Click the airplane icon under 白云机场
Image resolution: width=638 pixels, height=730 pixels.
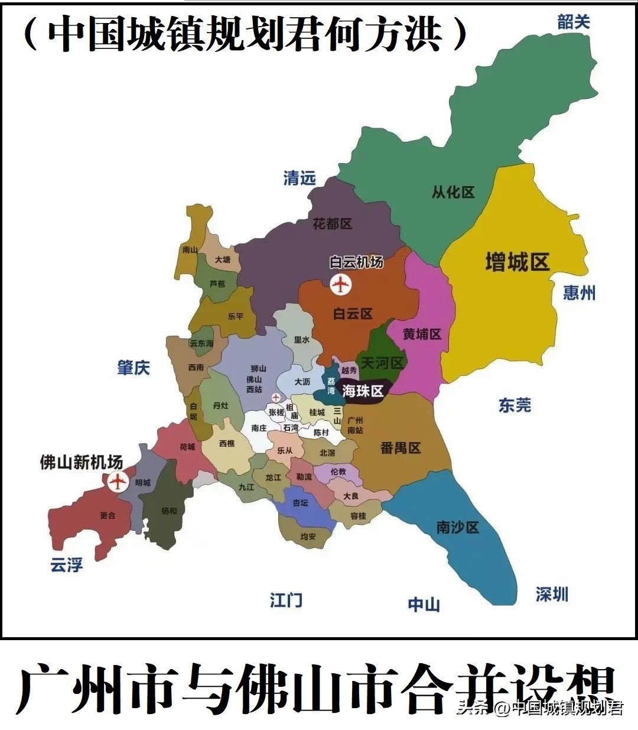(340, 285)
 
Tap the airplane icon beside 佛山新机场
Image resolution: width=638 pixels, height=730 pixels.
(118, 482)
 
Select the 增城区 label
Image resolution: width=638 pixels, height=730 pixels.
(517, 261)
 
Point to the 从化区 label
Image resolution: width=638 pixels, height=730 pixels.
(453, 192)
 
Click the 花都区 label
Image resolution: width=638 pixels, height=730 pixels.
(333, 224)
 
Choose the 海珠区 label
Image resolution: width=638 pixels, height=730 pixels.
(363, 390)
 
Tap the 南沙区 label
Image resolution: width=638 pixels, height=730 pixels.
(458, 527)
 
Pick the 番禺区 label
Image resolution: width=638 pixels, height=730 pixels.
(401, 447)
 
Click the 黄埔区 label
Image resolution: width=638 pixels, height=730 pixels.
(422, 334)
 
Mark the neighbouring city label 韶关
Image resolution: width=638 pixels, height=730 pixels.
(574, 22)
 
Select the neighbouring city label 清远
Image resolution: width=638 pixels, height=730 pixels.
(300, 178)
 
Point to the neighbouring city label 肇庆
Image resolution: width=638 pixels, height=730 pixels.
(134, 368)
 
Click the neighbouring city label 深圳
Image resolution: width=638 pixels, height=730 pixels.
(552, 594)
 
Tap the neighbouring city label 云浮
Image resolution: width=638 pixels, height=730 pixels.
(66, 565)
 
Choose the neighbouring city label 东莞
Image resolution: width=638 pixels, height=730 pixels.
(515, 405)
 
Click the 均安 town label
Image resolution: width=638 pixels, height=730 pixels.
(308, 537)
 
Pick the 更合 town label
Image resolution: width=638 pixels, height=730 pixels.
(108, 515)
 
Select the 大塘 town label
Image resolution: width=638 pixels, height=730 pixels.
(223, 259)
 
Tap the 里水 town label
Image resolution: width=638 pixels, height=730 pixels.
(302, 340)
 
